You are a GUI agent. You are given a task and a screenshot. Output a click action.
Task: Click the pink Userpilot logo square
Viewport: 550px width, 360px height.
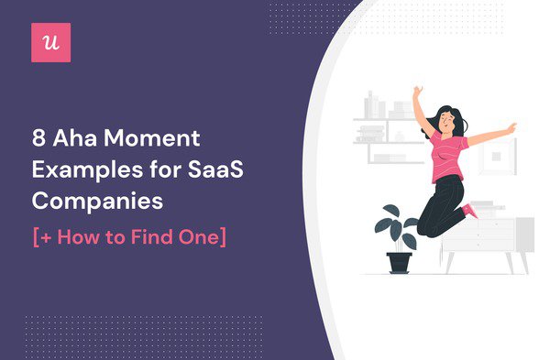point(50,43)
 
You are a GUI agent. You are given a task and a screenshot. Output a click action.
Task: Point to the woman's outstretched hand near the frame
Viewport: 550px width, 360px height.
point(511,127)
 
